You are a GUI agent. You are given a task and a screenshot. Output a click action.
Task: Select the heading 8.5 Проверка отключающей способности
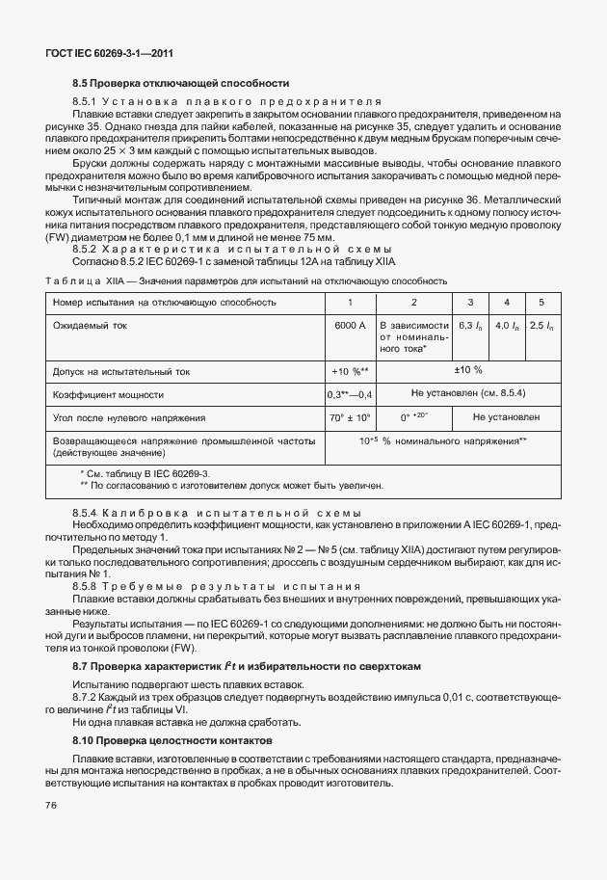(x=181, y=84)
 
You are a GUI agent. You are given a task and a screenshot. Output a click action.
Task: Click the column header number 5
(x=541, y=303)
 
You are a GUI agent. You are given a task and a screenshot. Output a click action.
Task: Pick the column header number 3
(x=469, y=303)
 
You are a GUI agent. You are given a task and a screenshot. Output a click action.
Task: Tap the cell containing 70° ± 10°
(x=350, y=417)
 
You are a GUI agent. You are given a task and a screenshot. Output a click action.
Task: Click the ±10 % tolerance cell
(x=467, y=370)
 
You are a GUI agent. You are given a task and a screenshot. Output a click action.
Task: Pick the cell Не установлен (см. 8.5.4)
(x=467, y=394)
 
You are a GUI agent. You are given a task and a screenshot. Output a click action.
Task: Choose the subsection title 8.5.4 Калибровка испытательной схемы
(x=218, y=511)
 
